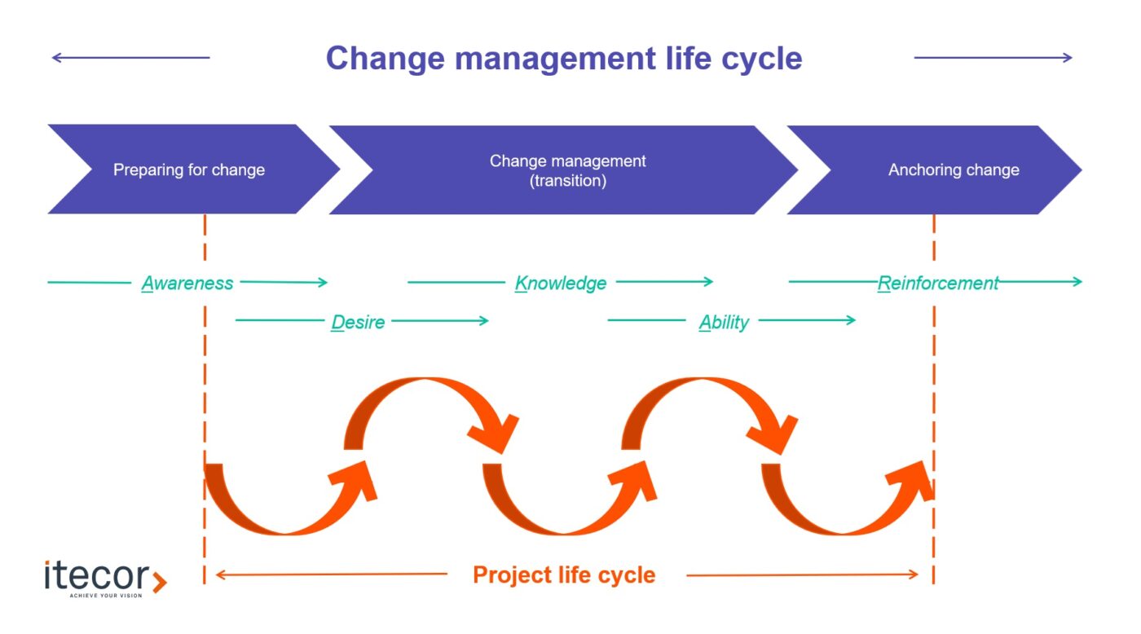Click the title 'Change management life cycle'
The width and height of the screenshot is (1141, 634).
(x=564, y=59)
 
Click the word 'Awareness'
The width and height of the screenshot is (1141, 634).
(x=187, y=283)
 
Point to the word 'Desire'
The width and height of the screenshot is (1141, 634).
(x=358, y=322)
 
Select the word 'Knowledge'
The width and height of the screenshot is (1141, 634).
(x=561, y=283)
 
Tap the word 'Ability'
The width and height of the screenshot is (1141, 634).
(x=724, y=323)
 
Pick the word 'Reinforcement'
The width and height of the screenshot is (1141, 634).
(x=938, y=283)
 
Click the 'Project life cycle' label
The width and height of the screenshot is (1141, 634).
(x=564, y=575)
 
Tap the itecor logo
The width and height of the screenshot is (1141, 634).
(x=105, y=579)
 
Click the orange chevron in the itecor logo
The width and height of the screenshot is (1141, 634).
(x=160, y=582)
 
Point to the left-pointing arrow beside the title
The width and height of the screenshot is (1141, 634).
(x=131, y=58)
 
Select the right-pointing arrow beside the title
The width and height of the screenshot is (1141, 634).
(x=993, y=58)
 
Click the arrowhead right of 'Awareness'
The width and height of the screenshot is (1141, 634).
(x=323, y=282)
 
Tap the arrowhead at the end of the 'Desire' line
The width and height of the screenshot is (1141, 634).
(x=483, y=321)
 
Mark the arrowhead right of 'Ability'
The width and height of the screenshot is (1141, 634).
(x=850, y=320)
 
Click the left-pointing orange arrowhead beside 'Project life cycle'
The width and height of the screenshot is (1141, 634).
(x=221, y=575)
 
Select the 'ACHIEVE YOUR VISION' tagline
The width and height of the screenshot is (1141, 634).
(x=106, y=596)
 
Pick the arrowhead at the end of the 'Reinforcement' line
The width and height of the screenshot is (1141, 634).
(x=1077, y=282)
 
